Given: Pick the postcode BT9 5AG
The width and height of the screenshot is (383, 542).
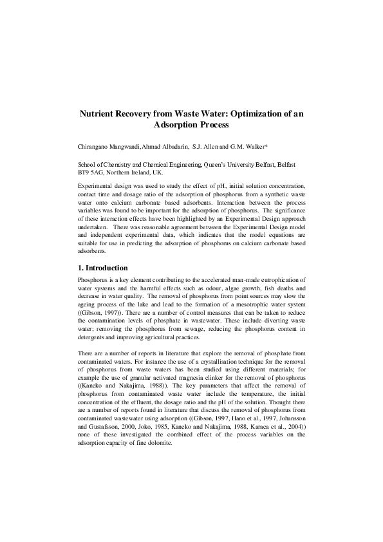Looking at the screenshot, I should pos(91,173).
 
